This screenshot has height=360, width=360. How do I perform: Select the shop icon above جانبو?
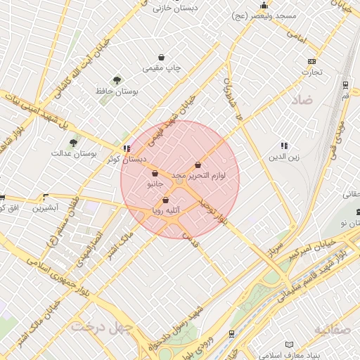155,173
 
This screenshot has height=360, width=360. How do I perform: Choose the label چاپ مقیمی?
162,68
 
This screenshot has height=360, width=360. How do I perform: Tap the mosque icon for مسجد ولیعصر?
264,6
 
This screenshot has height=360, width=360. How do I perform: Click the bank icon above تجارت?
311,60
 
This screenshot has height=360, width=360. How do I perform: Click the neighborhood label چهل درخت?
91,327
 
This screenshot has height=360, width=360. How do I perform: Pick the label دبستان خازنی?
174,8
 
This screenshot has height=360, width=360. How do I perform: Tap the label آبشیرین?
56,209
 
